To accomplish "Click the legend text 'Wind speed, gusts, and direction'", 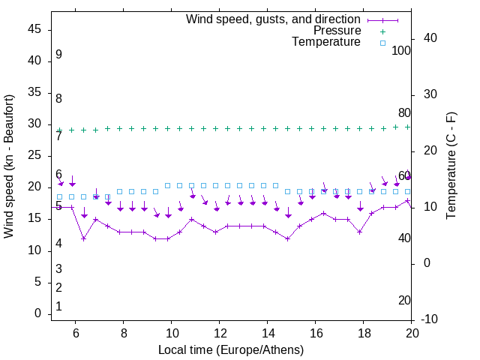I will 273,19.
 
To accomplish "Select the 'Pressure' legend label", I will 337,31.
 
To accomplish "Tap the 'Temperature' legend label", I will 326,42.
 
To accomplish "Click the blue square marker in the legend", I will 382,43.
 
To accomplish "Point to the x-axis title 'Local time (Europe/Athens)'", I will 231,349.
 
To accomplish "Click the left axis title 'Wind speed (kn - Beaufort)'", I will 9,166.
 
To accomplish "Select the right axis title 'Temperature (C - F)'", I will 451,166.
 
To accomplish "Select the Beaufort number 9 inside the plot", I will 58,55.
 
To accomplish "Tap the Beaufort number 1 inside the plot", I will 58,307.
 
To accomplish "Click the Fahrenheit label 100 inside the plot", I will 402,50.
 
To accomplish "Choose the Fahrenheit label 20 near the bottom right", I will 404,300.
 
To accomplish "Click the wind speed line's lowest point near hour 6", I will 84,238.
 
